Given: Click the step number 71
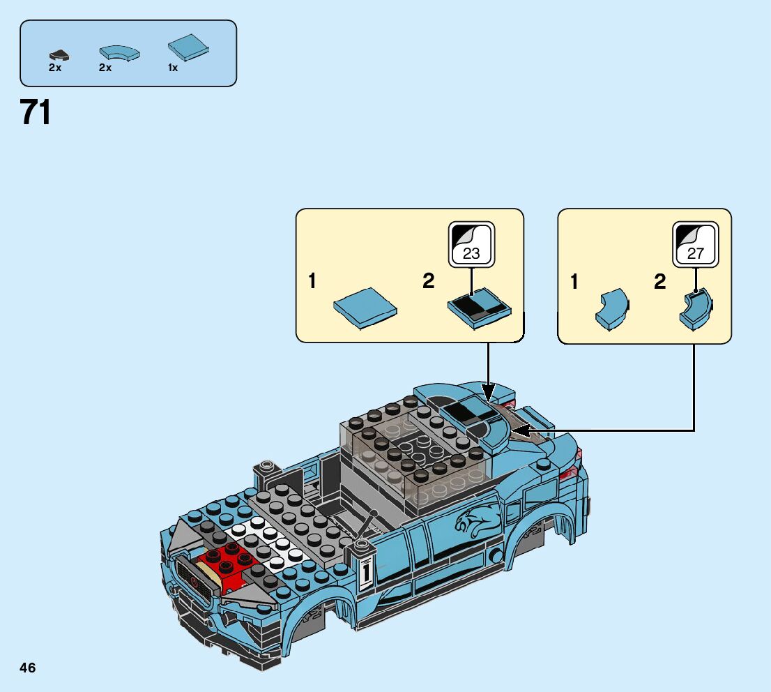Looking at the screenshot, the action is [x=36, y=113].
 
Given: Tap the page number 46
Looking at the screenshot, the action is [x=28, y=668].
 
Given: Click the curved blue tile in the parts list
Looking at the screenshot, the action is [x=119, y=52].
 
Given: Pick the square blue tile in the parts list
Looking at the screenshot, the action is [x=190, y=47].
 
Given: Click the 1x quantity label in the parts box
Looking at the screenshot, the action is [x=173, y=68].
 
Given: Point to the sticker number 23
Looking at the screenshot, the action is [x=471, y=253].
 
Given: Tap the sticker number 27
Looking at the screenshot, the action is [x=695, y=253].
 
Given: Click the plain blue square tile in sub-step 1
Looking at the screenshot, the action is [x=365, y=307].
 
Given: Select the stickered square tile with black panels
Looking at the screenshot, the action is [x=478, y=308].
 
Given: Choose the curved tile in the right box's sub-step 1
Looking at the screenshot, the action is [x=611, y=309].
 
